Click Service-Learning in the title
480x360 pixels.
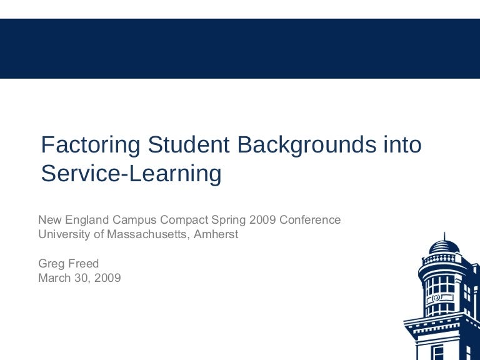(131, 174)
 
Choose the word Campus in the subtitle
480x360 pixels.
(134, 220)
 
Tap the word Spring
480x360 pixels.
(227, 220)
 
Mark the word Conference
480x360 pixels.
(310, 220)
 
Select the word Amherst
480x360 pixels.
(216, 235)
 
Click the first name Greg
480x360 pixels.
(51, 264)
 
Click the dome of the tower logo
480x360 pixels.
(444, 244)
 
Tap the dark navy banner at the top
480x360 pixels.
(240, 48)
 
